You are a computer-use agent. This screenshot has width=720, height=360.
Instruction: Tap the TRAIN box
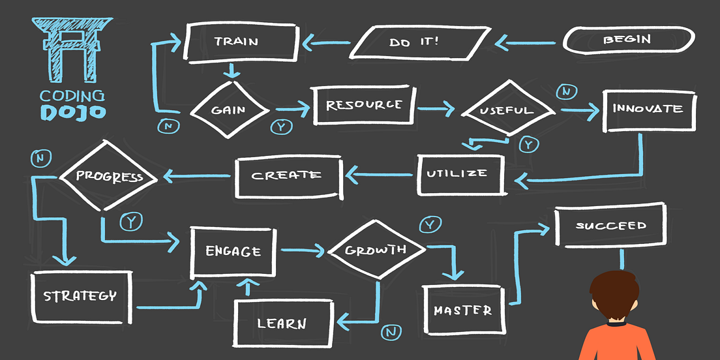(x=236, y=41)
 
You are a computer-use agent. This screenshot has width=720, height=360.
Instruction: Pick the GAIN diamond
(x=228, y=109)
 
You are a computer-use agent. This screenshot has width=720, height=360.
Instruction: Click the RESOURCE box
(x=364, y=105)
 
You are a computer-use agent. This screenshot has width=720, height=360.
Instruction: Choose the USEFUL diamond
(x=507, y=110)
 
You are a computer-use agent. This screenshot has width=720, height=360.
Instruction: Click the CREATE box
(x=287, y=175)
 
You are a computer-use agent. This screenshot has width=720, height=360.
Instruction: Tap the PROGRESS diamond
(x=110, y=176)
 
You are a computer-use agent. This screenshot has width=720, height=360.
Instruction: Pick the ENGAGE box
(x=233, y=251)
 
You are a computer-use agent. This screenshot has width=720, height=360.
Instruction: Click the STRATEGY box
(x=80, y=296)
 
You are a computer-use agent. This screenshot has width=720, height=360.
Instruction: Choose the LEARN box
(x=282, y=323)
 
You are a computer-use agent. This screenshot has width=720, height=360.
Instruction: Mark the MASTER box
(x=462, y=310)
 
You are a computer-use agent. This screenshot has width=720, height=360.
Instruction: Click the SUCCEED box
(x=610, y=226)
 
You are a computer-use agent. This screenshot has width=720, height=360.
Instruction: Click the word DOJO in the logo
(x=72, y=112)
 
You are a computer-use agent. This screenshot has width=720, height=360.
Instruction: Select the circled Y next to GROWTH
(x=430, y=225)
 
